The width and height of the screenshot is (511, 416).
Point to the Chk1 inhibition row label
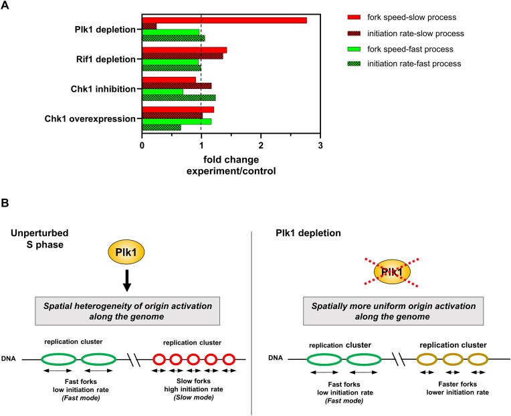click(x=105, y=88)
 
